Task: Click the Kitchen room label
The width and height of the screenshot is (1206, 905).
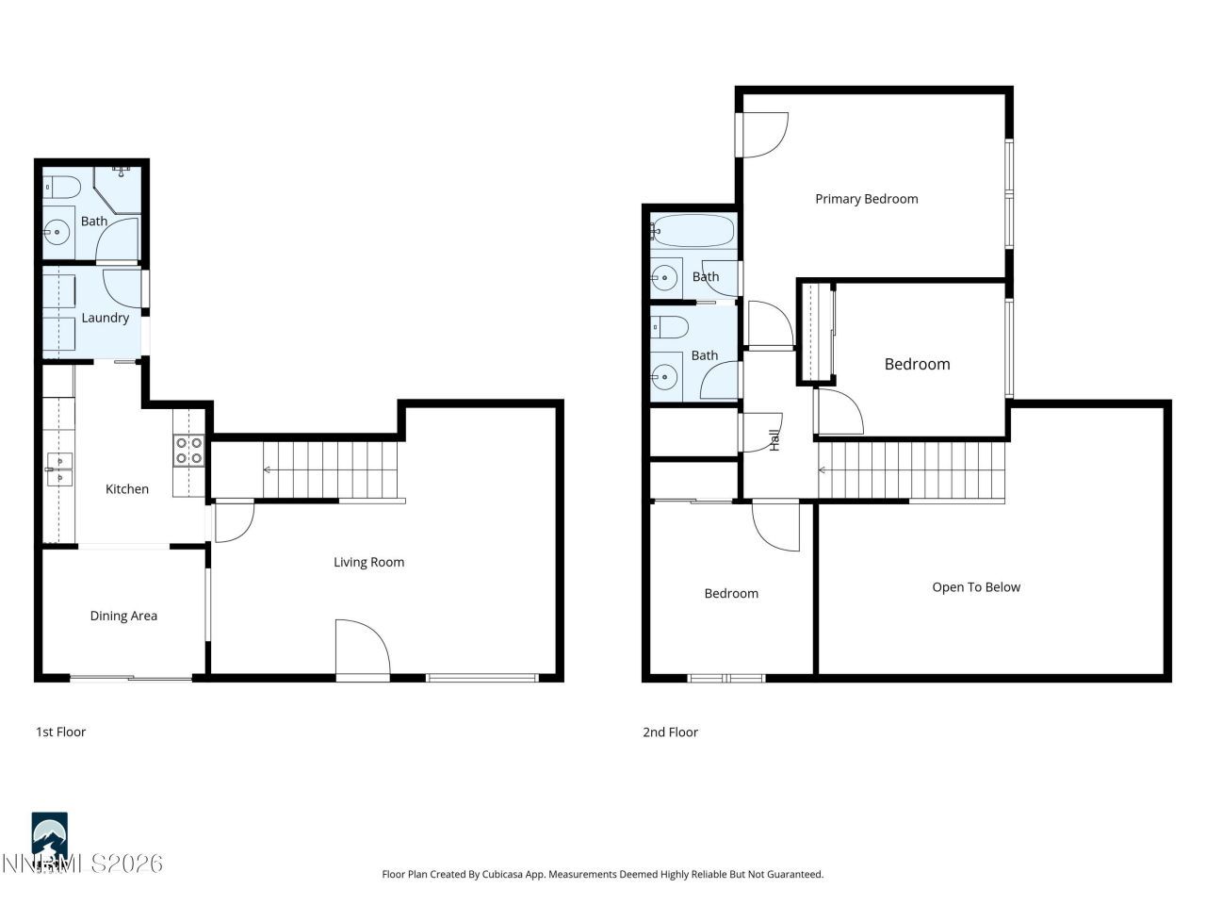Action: tap(126, 489)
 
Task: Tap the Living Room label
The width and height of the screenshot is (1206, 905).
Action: tap(368, 563)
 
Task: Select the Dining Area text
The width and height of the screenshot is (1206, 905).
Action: tap(123, 617)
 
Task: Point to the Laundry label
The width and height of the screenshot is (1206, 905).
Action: tap(105, 318)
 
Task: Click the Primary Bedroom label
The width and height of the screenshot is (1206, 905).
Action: tap(866, 199)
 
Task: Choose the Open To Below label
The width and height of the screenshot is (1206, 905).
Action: tap(976, 587)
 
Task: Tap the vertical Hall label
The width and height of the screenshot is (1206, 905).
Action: tap(774, 439)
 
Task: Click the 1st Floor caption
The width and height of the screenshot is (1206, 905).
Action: tap(60, 732)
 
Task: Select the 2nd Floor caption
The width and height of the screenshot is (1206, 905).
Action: tap(670, 732)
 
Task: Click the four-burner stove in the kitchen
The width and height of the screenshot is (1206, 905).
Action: tap(188, 451)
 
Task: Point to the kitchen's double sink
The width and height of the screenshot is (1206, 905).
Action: tap(60, 469)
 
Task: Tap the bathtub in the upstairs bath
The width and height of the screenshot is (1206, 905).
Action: tap(693, 230)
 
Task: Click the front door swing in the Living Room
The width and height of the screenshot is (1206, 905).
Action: tap(362, 649)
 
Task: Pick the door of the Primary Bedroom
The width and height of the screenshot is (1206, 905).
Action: tap(763, 135)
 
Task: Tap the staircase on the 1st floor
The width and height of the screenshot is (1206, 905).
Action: tap(330, 469)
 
